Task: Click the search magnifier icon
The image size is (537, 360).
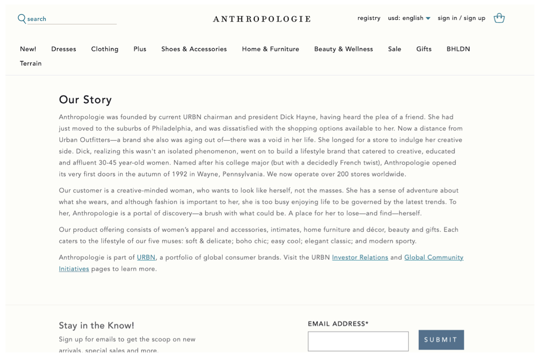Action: pos(22,18)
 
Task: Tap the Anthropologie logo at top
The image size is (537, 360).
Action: pos(262,19)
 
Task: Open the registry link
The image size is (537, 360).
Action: pos(369,18)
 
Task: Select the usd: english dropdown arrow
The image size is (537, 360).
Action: pos(428,19)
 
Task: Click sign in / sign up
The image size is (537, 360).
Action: pos(461,18)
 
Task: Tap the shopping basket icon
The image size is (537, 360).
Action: pos(499,18)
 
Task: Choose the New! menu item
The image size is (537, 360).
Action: pos(28,49)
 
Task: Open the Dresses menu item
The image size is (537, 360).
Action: pos(63,49)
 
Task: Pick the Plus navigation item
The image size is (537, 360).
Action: pos(140,49)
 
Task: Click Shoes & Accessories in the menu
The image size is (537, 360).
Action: pos(194,49)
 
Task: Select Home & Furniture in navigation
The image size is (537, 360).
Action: pos(270,49)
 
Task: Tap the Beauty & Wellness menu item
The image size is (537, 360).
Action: pos(343,49)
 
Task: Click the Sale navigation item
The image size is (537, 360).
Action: pos(394,49)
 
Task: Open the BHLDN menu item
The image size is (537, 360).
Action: pos(458,49)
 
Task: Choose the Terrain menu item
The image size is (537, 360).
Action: pos(30,63)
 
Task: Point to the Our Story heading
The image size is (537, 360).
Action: pos(85,100)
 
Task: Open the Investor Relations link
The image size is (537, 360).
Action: pos(360,257)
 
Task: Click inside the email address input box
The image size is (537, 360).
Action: pos(358,341)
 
